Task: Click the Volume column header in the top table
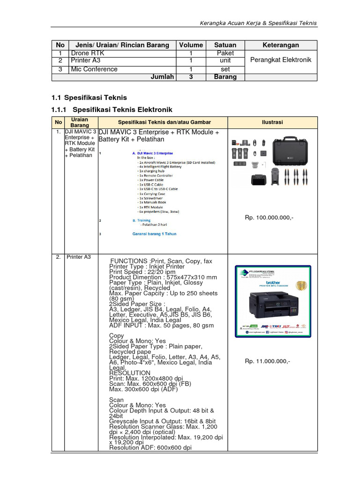click(x=191, y=45)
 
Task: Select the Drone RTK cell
click(x=87, y=53)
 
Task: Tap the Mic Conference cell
click(x=94, y=69)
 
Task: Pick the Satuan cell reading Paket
click(x=225, y=53)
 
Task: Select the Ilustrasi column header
click(x=272, y=122)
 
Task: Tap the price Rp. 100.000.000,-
click(x=269, y=218)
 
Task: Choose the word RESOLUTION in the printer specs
click(x=130, y=373)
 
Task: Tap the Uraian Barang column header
click(x=79, y=122)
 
